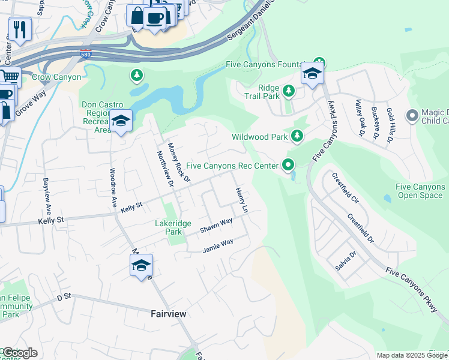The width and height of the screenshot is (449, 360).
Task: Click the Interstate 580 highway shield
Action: pyautogui.click(x=86, y=53)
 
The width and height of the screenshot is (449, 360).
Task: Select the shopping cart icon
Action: pyautogui.click(x=8, y=77)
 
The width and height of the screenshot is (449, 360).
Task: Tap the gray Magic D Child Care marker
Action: pyautogui.click(x=412, y=115)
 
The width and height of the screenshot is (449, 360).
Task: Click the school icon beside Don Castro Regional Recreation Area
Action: pyautogui.click(x=121, y=121)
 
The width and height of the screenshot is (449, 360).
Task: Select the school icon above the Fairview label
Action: pyautogui.click(x=141, y=266)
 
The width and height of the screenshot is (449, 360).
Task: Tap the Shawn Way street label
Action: pyautogui.click(x=216, y=225)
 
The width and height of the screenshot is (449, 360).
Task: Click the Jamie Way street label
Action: pyautogui.click(x=218, y=244)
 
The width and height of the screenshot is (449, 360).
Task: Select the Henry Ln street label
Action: pyautogui.click(x=241, y=200)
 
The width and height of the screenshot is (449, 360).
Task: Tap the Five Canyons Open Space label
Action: pyautogui.click(x=420, y=191)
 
